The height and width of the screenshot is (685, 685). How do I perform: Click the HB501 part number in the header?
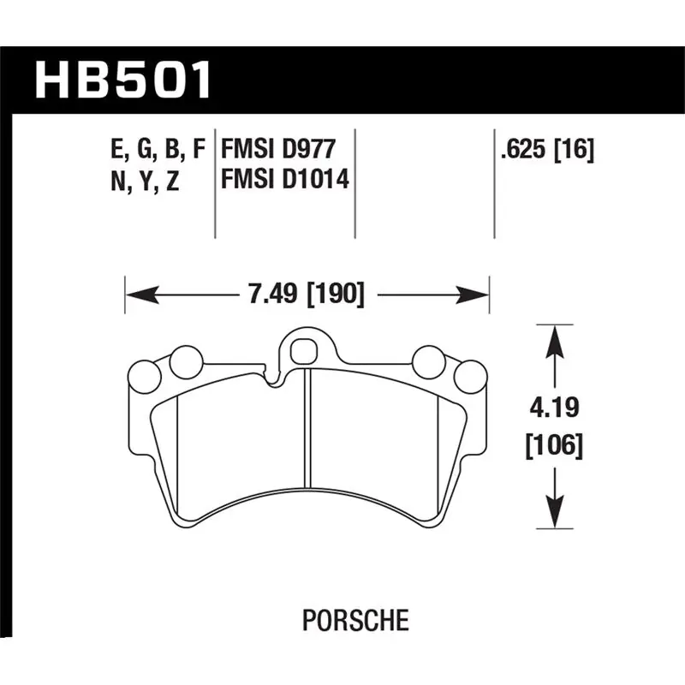tap(123, 80)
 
